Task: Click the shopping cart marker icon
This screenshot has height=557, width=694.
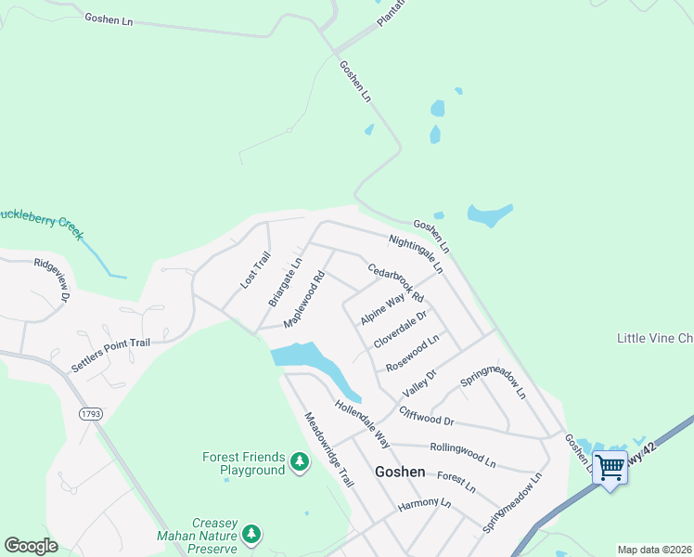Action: pos(610,467)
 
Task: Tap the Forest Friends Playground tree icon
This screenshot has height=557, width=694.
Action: pos(299,461)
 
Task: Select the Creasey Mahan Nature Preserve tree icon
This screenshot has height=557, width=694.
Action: pos(251,534)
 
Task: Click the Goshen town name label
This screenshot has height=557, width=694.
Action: pos(400,472)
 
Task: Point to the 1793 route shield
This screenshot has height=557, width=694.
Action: pos(90,414)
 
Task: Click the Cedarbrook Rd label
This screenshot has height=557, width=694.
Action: pos(395,284)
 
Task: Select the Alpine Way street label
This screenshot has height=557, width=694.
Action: pos(383,306)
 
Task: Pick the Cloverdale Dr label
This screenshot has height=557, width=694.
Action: pos(400,329)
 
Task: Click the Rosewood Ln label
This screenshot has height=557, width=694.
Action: pos(412,353)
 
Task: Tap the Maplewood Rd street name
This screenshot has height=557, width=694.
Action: pos(305,297)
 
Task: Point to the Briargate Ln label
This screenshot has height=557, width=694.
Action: pos(285,282)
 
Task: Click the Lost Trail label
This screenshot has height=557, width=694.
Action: pos(255,270)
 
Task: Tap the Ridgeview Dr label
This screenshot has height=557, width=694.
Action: pos(52,278)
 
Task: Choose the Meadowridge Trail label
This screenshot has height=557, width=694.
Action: pos(328,449)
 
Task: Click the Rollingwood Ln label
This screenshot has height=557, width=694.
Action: pos(462,454)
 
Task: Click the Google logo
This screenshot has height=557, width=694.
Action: pos(32,546)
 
